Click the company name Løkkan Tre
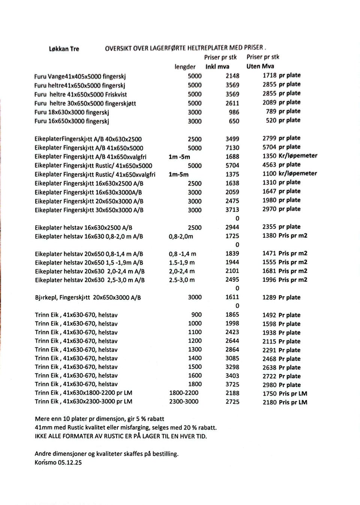tap(64, 49)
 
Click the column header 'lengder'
tap(185, 67)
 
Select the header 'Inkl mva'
tap(217, 66)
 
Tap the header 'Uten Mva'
tap(260, 66)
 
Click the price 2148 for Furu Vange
tap(232, 76)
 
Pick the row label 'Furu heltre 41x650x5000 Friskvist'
tap(81, 95)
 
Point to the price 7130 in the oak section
tap(232, 148)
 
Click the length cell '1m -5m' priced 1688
tap(179, 157)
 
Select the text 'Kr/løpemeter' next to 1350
tap(298, 156)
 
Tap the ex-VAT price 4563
tap(269, 165)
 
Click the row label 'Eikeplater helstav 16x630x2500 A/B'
tap(83, 228)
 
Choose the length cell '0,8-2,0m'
tap(181, 236)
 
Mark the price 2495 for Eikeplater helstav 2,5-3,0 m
tap(232, 280)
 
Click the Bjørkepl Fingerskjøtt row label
tap(88, 298)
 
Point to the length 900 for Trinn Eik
tap(196, 315)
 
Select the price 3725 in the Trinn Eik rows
tap(232, 384)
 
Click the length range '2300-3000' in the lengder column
tap(184, 401)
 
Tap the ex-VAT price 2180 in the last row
tap(269, 402)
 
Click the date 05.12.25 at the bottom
tap(70, 462)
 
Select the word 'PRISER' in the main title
tap(253, 48)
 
